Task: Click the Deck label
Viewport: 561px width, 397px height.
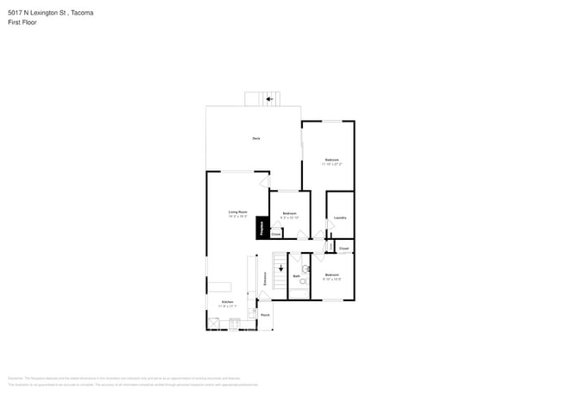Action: click(x=255, y=138)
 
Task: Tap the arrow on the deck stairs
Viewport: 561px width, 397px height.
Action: click(x=269, y=99)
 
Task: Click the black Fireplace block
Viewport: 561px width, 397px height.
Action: click(x=261, y=229)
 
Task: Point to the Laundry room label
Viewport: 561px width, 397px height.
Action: click(x=340, y=217)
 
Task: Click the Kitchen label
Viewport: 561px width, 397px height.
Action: click(x=226, y=301)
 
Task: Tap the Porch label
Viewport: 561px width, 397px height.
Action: click(x=265, y=315)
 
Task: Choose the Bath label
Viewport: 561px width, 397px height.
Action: click(x=295, y=276)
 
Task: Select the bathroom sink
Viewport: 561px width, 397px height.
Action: click(x=306, y=268)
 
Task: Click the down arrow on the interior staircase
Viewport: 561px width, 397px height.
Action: click(x=280, y=268)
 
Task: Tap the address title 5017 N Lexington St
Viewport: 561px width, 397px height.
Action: click(x=51, y=13)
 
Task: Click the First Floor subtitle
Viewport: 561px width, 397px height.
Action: click(x=22, y=22)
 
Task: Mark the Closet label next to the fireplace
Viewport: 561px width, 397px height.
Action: click(x=276, y=233)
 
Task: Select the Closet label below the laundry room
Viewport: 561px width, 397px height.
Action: click(x=344, y=249)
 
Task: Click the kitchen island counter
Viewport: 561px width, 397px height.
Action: click(x=220, y=286)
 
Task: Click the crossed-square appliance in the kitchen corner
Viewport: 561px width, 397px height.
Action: click(x=213, y=323)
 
